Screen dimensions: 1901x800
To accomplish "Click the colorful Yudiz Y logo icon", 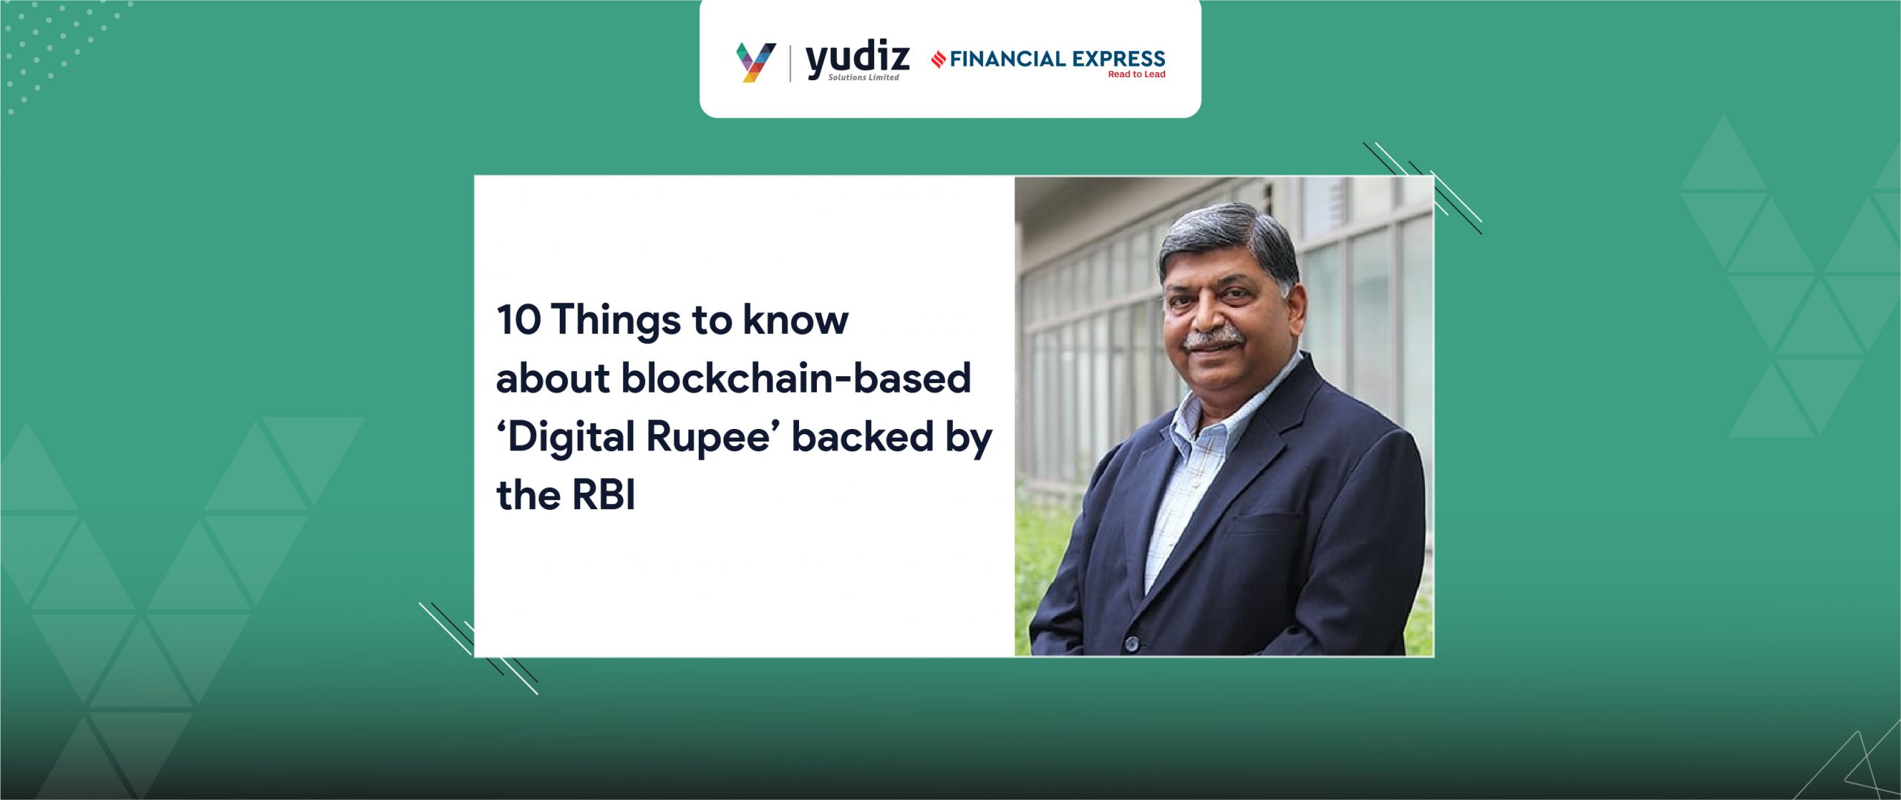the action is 755,62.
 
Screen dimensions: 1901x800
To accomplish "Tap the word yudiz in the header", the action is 858,59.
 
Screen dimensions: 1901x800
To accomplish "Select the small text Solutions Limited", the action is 864,77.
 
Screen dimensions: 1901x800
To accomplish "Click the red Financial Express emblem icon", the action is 939,59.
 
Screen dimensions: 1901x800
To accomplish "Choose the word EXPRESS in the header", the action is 1119,59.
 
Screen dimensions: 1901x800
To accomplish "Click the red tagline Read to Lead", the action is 1136,74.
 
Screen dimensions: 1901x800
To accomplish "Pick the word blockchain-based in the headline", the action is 796,378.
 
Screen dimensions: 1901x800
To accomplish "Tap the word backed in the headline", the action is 862,436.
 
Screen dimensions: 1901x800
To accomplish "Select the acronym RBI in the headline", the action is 604,494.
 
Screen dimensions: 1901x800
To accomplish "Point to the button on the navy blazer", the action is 1132,643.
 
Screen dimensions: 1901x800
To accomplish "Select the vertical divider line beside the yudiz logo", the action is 790,63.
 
